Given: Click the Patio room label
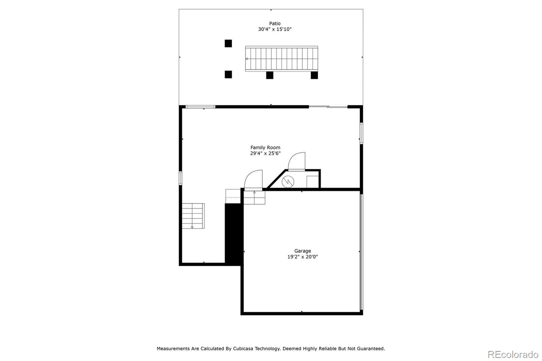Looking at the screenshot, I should [x=275, y=23].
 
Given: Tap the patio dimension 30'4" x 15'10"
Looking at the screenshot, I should [x=275, y=29].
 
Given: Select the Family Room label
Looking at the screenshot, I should [x=265, y=147].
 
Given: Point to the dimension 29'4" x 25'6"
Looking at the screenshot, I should [x=265, y=153].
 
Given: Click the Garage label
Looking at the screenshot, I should [x=303, y=251].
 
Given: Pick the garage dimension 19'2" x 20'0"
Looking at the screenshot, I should [x=303, y=257].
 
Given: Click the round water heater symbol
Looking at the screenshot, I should [x=288, y=182].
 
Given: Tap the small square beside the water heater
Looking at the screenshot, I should [x=312, y=182].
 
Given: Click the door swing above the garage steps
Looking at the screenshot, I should [x=254, y=179].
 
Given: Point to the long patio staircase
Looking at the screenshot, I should [x=282, y=59].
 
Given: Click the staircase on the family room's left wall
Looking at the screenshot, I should [x=193, y=216].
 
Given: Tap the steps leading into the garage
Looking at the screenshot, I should [x=254, y=197].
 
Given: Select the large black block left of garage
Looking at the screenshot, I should [x=233, y=233].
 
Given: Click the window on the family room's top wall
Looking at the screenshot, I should [x=201, y=107].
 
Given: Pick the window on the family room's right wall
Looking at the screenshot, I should [x=361, y=133].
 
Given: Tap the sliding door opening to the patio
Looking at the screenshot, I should [x=328, y=107].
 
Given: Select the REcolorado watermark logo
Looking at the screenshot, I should [x=513, y=355].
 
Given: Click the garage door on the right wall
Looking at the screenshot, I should [x=361, y=252].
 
